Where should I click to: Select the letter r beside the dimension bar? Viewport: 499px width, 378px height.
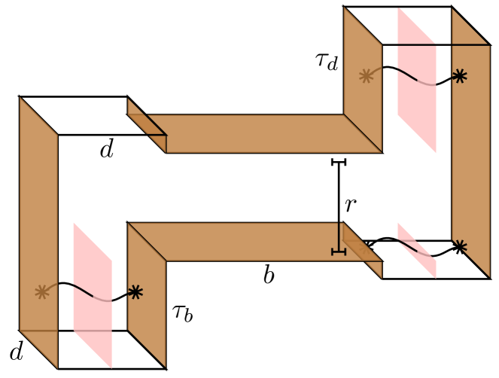[x=351, y=204]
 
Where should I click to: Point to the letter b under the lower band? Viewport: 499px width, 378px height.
[x=269, y=276]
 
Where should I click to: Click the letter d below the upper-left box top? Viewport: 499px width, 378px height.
[x=107, y=149]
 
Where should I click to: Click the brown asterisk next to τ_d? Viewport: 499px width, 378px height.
[x=366, y=75]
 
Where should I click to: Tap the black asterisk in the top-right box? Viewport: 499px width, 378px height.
[x=458, y=76]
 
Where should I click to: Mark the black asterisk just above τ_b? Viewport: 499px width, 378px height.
[x=135, y=292]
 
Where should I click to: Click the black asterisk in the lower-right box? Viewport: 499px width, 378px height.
[x=459, y=246]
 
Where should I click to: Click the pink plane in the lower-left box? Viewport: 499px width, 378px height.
[x=92, y=294]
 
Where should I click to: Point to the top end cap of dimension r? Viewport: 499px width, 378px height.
[x=339, y=161]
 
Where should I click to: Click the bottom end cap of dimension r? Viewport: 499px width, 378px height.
[x=339, y=251]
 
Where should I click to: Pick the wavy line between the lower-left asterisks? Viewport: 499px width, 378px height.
[x=89, y=291]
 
